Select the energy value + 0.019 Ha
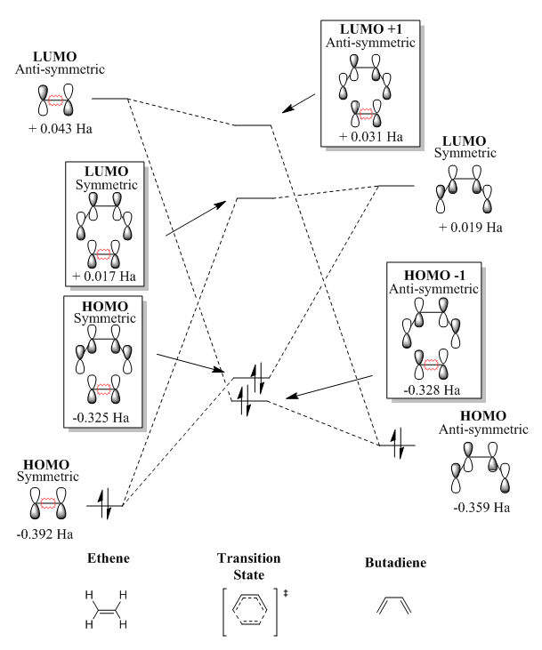click(471, 227)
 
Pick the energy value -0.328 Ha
click(431, 389)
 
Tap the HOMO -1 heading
click(432, 276)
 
